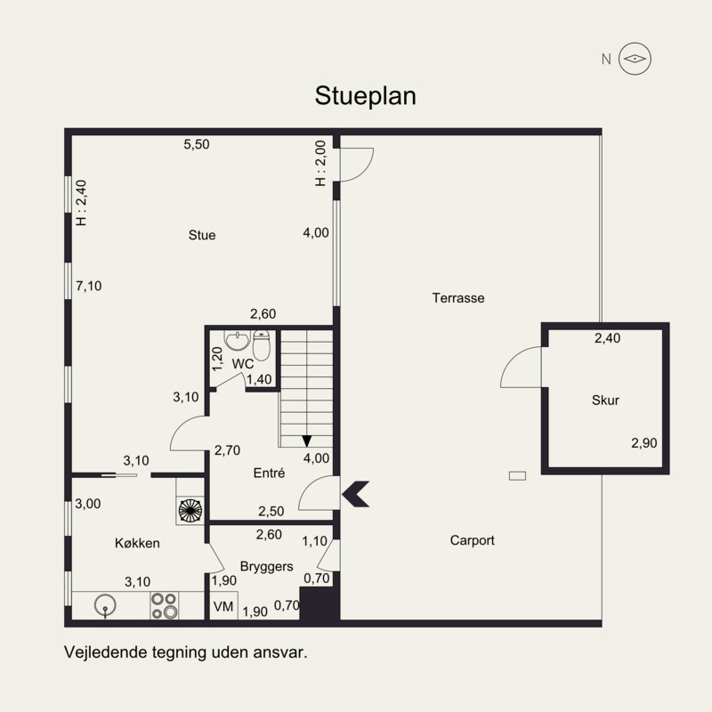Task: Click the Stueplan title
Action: (x=365, y=96)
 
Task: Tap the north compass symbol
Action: (x=635, y=59)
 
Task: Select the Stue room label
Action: (x=202, y=235)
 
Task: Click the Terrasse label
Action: (x=458, y=298)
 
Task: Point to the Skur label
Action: (x=605, y=400)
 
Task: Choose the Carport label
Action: (x=473, y=540)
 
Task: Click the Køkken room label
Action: (x=137, y=543)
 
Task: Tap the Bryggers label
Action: (x=266, y=567)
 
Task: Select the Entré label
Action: (x=270, y=473)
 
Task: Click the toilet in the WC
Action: (x=262, y=345)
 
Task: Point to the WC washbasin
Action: (x=237, y=340)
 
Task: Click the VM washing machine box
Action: (x=223, y=606)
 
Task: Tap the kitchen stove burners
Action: (x=164, y=605)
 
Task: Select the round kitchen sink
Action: (x=105, y=606)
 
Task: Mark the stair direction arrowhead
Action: (x=307, y=441)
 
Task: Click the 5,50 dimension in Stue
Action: (x=197, y=144)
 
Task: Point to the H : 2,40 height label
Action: (x=81, y=203)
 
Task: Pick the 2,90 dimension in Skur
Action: (x=643, y=442)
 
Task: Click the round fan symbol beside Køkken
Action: (x=190, y=510)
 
